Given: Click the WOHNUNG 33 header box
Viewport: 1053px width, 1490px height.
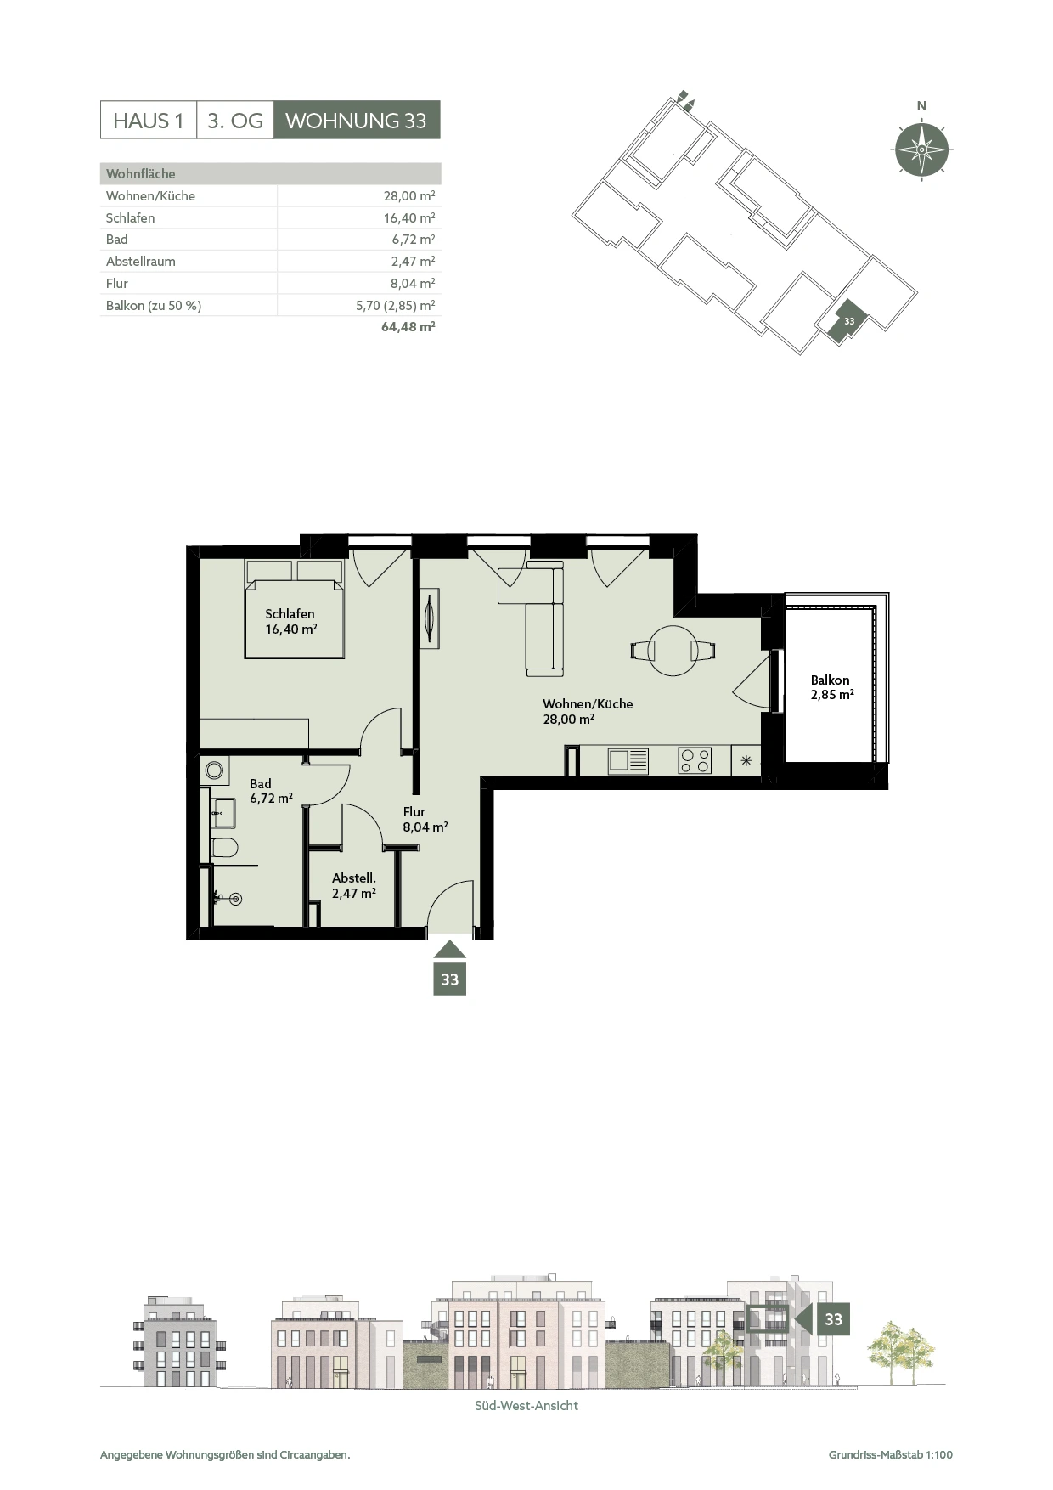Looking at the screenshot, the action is tap(357, 121).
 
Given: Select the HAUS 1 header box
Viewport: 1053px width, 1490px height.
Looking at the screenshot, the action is tap(149, 121).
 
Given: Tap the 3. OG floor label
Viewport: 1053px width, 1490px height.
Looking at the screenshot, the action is tap(235, 121).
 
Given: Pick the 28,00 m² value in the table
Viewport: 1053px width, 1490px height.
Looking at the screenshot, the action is tap(409, 195).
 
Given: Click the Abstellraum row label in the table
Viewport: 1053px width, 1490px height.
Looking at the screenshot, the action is tap(141, 262).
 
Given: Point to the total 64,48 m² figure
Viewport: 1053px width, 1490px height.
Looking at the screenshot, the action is tap(408, 326).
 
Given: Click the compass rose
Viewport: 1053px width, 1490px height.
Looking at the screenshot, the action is tap(921, 150).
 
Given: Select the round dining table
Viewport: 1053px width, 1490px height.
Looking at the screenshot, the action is tap(673, 651).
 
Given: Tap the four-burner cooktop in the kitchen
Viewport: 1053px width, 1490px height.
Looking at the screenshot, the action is tap(695, 759).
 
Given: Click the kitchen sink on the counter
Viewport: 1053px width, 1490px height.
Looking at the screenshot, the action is tap(628, 760).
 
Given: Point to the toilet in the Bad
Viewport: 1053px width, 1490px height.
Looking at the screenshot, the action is tap(224, 847).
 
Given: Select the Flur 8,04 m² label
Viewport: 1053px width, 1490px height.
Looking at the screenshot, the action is tap(425, 820).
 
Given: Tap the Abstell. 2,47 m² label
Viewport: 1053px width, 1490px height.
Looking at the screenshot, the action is tap(354, 886).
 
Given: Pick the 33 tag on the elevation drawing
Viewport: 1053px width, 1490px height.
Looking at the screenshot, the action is tap(833, 1319).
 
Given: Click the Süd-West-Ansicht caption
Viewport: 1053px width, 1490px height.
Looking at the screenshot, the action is tap(526, 1406).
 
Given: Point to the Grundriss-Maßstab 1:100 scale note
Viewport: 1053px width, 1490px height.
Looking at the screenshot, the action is tap(891, 1454).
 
